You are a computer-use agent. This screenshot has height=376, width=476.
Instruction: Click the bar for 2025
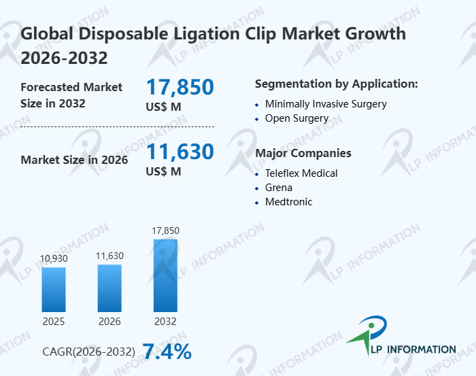click(x=54, y=289)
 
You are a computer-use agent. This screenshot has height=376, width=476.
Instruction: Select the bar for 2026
click(x=109, y=288)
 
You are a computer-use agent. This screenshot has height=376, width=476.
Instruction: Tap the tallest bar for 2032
click(x=165, y=275)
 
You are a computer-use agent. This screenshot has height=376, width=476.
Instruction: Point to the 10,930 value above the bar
click(x=54, y=259)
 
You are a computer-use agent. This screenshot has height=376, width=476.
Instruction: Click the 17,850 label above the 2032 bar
click(x=165, y=230)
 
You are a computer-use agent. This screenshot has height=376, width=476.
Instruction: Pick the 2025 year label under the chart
click(x=54, y=321)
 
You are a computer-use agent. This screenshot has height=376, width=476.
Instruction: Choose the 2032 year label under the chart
click(x=165, y=321)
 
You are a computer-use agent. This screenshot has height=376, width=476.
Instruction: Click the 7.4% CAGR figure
click(x=167, y=352)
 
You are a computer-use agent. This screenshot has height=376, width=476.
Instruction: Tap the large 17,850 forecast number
click(x=180, y=87)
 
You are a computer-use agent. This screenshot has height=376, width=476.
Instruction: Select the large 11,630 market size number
click(x=180, y=152)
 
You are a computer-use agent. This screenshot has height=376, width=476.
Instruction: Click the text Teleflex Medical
click(x=301, y=173)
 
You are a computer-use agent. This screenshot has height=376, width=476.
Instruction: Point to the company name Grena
click(x=279, y=187)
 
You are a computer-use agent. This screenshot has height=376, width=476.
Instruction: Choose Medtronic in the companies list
click(x=289, y=201)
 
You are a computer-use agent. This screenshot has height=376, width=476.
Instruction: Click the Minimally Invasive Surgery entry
click(x=326, y=104)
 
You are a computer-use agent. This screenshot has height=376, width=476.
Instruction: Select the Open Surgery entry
click(x=296, y=118)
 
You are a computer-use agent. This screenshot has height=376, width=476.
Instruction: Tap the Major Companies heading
click(x=303, y=153)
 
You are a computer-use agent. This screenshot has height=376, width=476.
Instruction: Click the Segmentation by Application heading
click(x=336, y=84)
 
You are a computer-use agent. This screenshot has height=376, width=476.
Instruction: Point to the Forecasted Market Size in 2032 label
click(x=71, y=95)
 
